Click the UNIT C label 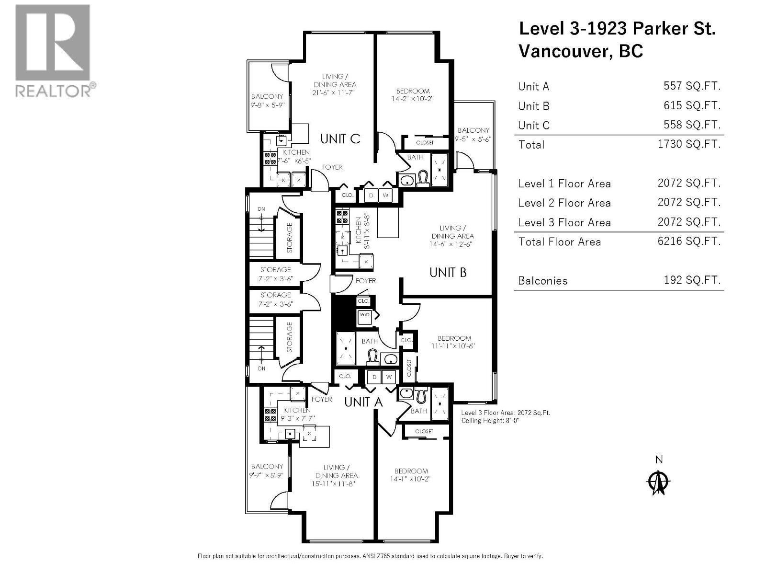340,139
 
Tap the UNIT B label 448,273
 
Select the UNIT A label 363,402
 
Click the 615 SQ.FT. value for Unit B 692,105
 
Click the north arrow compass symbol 659,482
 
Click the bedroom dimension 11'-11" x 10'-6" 454,346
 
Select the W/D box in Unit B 364,315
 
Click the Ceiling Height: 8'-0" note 490,421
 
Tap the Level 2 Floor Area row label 564,203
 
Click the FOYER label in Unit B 366,281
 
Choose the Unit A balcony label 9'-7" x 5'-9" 267,475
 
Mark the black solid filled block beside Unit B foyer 342,311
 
